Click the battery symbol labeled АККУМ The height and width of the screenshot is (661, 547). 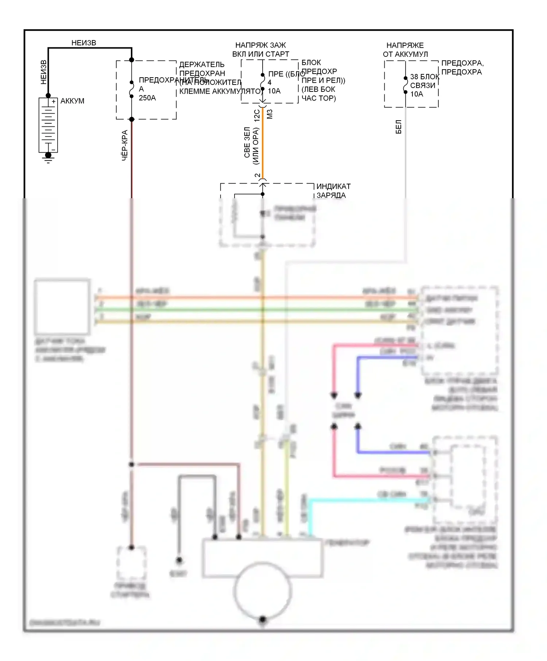pos(48,125)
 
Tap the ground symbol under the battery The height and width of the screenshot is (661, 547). pos(48,157)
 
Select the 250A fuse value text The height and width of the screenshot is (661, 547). pos(147,98)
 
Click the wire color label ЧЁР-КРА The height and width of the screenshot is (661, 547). pos(125,145)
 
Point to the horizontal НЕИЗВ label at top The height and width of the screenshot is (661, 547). pos(84,43)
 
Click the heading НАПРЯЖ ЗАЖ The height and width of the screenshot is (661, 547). pos(260,45)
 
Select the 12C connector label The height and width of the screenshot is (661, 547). pos(257,115)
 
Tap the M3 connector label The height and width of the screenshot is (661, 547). pos(269,114)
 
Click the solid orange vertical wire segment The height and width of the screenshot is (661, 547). pos(263,146)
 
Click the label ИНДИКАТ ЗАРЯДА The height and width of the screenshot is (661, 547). pos(333,191)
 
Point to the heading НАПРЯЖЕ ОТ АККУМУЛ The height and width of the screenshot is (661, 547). pos(405,50)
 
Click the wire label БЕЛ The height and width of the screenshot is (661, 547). pos(399,127)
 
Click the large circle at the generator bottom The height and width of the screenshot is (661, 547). pos(263,590)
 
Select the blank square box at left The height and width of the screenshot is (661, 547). pos(62,306)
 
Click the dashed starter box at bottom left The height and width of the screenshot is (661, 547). pos(132,563)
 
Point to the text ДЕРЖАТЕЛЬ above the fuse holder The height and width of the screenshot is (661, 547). pos(202,64)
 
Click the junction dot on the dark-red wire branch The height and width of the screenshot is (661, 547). pos(132,464)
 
